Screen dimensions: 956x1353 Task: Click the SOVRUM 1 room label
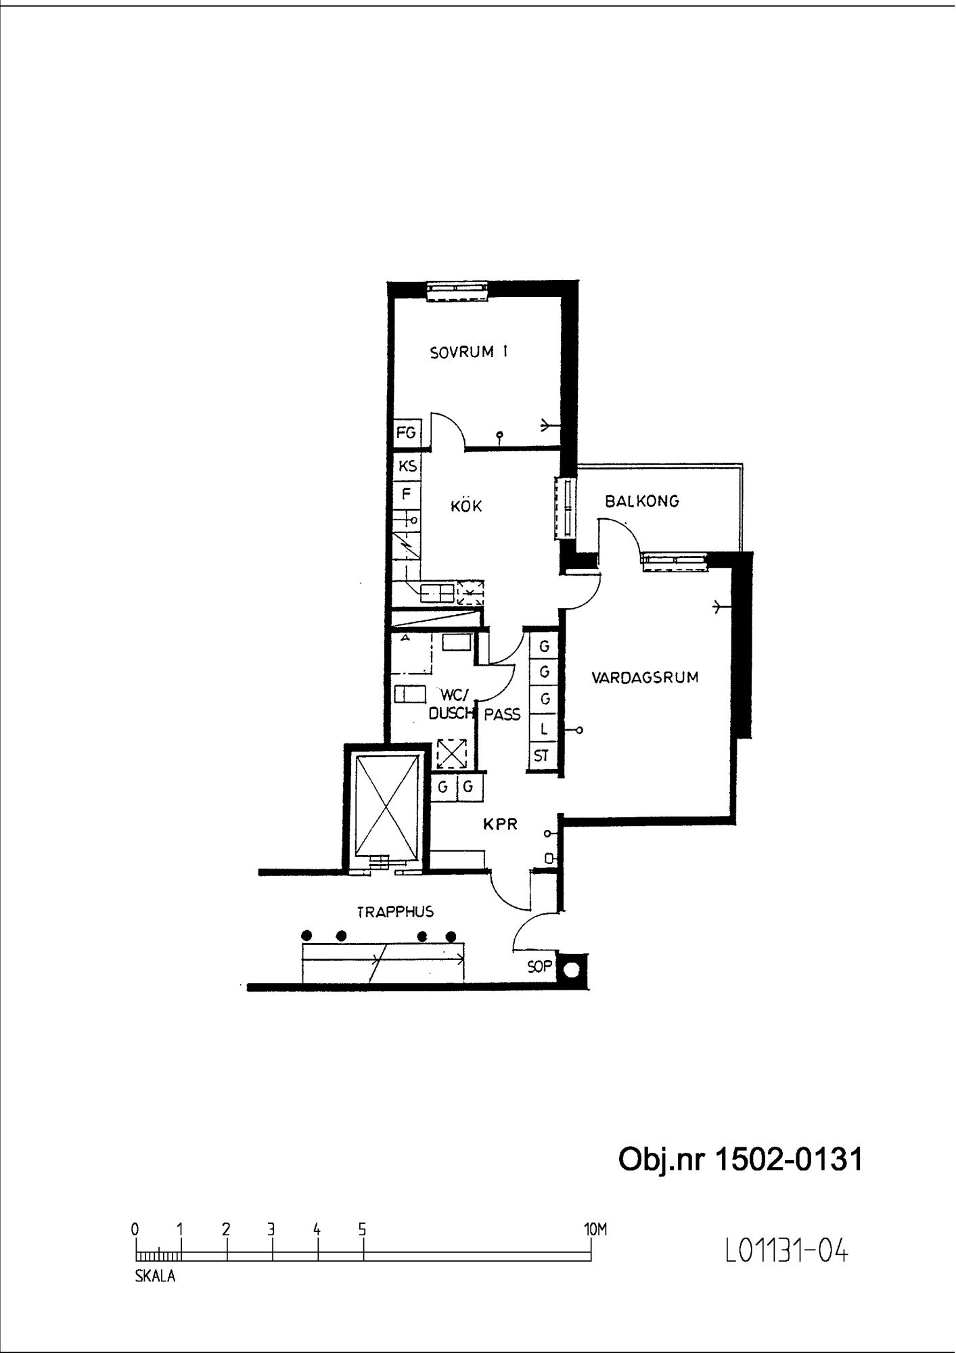click(469, 352)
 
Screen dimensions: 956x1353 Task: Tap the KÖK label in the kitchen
click(466, 505)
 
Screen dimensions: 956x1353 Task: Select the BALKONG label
click(642, 501)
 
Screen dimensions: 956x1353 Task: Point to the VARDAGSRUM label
click(645, 678)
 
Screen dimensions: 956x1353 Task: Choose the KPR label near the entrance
click(500, 824)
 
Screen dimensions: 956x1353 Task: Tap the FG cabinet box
click(407, 432)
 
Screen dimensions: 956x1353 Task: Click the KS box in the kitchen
click(407, 466)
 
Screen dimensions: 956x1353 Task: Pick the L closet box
click(543, 729)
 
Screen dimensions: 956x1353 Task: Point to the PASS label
click(503, 714)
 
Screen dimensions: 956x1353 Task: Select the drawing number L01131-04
click(786, 1252)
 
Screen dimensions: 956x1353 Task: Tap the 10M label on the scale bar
click(595, 1229)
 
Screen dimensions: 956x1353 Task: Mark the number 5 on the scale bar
click(362, 1229)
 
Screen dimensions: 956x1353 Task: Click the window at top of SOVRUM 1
click(457, 290)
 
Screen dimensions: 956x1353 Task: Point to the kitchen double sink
click(437, 593)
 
